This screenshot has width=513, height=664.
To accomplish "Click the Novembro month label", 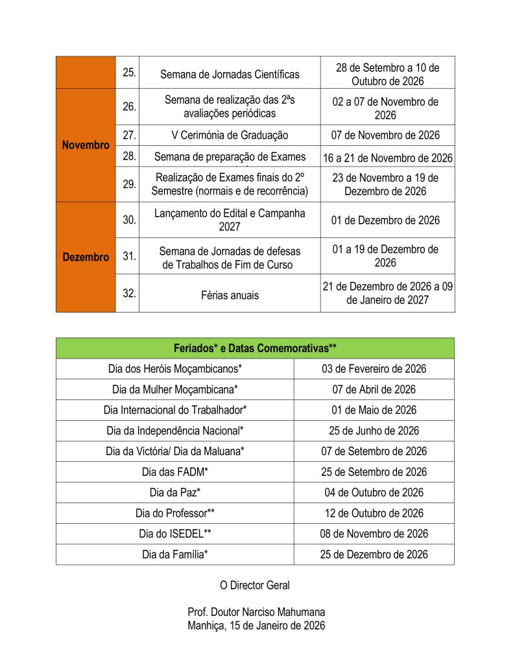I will (x=86, y=145).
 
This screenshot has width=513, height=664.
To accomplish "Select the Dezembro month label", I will (x=86, y=257).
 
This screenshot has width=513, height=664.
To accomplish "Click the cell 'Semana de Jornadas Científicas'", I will (x=230, y=74).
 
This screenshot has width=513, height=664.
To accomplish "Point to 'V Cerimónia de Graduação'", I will (x=230, y=136).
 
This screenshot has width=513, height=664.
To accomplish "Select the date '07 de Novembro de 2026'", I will (x=387, y=136).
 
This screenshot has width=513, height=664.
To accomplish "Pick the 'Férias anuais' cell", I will (x=230, y=295).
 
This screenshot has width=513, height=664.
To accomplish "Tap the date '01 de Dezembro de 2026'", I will (x=387, y=220).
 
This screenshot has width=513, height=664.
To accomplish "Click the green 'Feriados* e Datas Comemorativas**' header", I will (x=255, y=348).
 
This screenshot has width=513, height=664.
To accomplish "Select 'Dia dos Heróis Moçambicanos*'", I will (x=175, y=369).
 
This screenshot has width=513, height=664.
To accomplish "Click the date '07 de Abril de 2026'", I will (x=374, y=390).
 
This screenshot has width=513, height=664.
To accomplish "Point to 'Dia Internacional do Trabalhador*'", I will (x=175, y=410).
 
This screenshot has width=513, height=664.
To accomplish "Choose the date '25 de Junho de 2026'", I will (x=374, y=431).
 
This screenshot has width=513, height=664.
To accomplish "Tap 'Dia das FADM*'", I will (x=175, y=472).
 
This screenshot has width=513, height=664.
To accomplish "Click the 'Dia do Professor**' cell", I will (x=175, y=513).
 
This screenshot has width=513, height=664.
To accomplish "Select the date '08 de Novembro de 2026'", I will (x=374, y=534).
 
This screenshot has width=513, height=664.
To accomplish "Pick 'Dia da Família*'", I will (x=175, y=554).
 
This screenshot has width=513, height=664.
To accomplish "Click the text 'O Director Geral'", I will (x=255, y=586).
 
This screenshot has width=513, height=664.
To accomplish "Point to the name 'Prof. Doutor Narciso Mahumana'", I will (x=256, y=613).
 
